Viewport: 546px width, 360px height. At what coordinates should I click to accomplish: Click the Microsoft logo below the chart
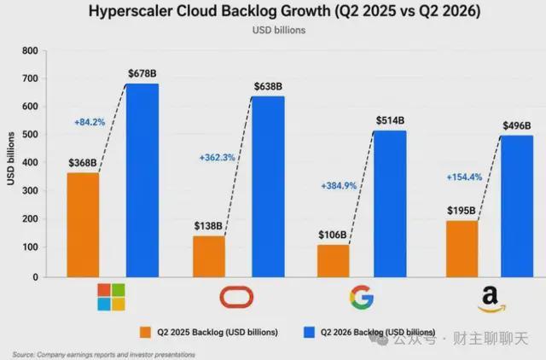tap(111, 297)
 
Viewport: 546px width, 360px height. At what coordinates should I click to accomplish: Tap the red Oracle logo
tap(236, 297)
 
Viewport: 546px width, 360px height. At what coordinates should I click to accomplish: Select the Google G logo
tap(362, 298)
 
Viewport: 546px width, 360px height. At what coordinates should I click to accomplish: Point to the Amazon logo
tap(491, 300)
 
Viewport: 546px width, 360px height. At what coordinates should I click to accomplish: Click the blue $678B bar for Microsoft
tap(142, 180)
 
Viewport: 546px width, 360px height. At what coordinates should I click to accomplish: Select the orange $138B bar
tap(209, 257)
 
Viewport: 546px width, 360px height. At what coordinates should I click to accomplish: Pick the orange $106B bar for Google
tap(334, 261)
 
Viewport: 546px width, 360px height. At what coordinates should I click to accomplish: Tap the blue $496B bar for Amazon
tap(517, 206)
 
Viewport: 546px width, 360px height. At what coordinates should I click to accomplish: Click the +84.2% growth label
tap(90, 122)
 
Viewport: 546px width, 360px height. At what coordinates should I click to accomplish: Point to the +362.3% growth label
tap(217, 158)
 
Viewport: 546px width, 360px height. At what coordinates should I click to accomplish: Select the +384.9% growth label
tap(339, 186)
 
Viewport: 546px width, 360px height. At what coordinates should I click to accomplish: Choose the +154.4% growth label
tap(464, 177)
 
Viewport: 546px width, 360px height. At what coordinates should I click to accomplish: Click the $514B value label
tap(390, 120)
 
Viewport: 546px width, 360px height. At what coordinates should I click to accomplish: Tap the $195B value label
tap(462, 211)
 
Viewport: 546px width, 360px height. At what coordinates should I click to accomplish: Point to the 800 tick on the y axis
tap(30, 51)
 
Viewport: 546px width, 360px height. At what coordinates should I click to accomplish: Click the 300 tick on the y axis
tap(30, 191)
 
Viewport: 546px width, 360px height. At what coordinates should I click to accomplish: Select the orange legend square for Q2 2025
tap(145, 332)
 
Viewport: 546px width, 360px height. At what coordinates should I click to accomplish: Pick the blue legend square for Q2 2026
tap(309, 332)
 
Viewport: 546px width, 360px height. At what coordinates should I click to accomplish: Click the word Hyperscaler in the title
tap(131, 11)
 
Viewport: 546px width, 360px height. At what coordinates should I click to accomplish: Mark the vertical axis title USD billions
tap(11, 159)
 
